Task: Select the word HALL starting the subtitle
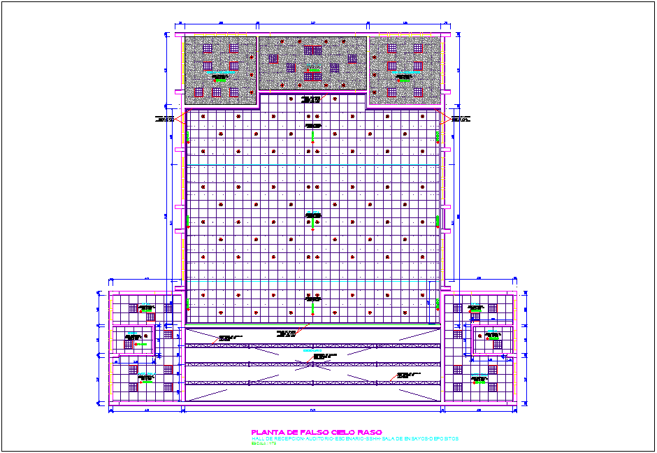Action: pos(257,438)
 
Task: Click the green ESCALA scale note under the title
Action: pos(263,443)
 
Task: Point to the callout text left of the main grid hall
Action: pos(166,119)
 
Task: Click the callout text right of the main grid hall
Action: pos(460,119)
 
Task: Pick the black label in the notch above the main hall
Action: pos(312,100)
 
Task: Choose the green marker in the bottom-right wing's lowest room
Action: pos(479,380)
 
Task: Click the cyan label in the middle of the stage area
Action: pos(312,350)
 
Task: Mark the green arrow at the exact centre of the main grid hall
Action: pos(313,221)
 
